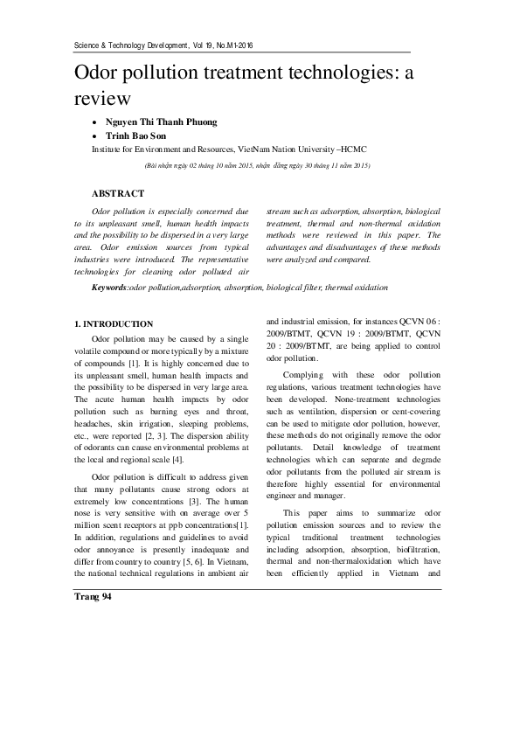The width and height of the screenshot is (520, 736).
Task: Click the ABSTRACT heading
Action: click(118, 193)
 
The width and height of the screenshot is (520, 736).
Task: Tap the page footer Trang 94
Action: click(93, 596)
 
